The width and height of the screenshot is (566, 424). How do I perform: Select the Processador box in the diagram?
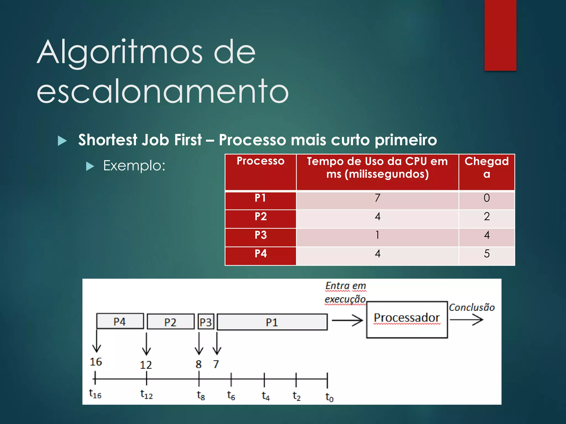[x=407, y=319]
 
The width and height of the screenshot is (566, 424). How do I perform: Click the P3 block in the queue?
[x=206, y=322]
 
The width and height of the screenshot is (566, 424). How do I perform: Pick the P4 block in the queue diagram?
[x=120, y=321]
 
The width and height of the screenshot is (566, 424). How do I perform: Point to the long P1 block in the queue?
[x=272, y=322]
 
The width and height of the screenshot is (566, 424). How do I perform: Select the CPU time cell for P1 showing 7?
[x=377, y=198]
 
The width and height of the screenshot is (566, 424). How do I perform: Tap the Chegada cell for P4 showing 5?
[x=486, y=254]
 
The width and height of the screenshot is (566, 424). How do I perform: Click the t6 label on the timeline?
[x=231, y=396]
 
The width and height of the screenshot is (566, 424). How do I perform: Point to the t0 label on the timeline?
[x=329, y=397]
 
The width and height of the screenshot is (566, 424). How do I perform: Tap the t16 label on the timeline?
[x=95, y=394]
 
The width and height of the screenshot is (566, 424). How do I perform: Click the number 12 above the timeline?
[x=146, y=365]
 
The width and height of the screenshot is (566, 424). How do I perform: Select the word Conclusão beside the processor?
[x=471, y=308]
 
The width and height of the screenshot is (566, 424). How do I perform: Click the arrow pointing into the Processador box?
[x=347, y=320]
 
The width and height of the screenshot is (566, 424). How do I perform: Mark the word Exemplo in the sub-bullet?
[x=134, y=166]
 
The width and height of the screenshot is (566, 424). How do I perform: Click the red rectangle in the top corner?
[x=500, y=35]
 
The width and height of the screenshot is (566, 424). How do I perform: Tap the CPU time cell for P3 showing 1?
[x=377, y=235]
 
